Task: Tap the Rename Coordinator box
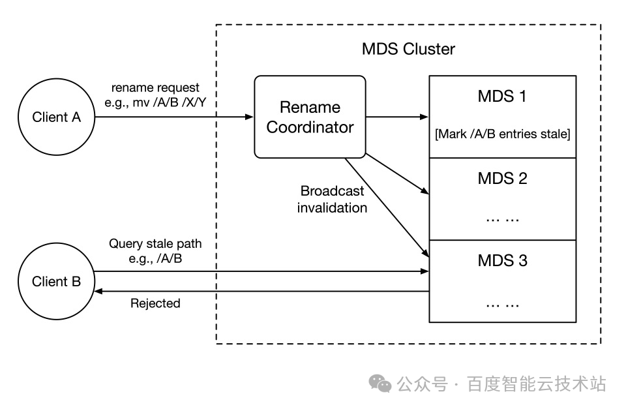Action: coord(309,117)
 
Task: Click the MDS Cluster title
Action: coord(408,49)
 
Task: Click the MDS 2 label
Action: coord(502,177)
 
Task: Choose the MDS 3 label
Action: coord(502,260)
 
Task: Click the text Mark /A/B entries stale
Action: coord(502,134)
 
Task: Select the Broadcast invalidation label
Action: coord(333,200)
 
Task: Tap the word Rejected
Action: coord(155,303)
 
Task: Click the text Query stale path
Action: coord(155,245)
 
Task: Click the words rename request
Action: coord(155,87)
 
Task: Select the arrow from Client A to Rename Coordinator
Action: coord(173,117)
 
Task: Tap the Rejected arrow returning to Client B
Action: coord(261,292)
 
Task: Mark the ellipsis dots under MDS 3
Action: coord(502,303)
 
